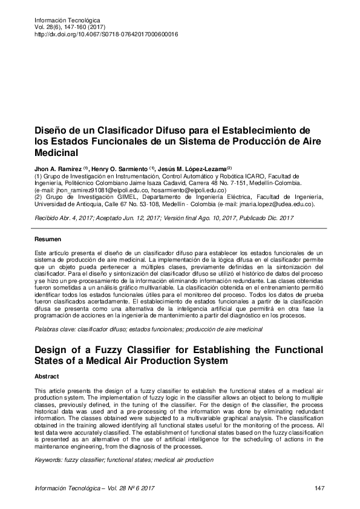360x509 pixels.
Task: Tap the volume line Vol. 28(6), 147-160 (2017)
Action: tap(63, 28)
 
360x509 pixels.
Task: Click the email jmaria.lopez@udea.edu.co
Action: tap(266, 204)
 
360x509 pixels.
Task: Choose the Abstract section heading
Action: tap(47, 375)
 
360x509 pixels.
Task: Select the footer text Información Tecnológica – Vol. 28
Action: tap(89, 488)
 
